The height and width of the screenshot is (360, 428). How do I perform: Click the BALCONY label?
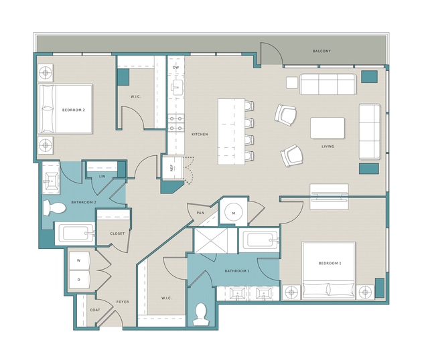322,51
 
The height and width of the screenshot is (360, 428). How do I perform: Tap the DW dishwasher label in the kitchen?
175,68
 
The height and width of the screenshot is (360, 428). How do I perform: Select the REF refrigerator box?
173,168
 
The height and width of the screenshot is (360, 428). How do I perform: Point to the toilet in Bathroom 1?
201,314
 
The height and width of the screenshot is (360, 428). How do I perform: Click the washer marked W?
79,260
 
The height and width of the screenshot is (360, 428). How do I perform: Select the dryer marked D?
79,280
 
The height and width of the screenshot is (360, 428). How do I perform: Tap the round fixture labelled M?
233,213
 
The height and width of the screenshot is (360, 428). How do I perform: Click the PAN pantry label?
200,213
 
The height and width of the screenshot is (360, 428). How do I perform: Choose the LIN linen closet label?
102,177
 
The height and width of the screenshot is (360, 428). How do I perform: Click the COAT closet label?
95,310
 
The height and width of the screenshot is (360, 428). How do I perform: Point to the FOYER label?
123,302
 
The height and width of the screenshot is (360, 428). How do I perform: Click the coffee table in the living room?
328,128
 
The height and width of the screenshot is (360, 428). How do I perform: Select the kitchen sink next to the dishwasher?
176,87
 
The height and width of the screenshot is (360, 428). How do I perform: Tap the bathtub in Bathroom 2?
75,234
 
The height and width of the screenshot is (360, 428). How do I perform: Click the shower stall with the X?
210,241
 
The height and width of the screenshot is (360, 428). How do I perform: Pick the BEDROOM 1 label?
330,263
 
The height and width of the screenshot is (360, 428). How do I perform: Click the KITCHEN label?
200,134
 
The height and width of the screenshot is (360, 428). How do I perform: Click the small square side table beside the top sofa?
292,82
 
